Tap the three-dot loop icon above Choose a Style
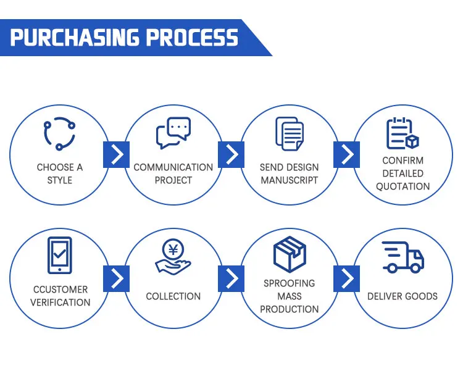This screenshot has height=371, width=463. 59,133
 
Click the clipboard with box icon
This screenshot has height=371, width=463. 403,133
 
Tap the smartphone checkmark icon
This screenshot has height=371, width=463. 59,255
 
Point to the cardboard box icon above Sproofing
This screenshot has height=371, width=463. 289,254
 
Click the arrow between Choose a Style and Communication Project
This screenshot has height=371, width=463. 116,154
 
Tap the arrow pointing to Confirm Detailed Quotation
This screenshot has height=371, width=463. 346,154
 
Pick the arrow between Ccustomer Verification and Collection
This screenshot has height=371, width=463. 116,278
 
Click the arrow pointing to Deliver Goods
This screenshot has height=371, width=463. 346,278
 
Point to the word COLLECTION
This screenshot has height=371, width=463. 173,296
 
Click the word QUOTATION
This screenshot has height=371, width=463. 403,186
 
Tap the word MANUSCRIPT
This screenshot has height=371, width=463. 289,180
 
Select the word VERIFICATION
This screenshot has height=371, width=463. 60,302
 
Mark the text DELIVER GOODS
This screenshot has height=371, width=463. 403,296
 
